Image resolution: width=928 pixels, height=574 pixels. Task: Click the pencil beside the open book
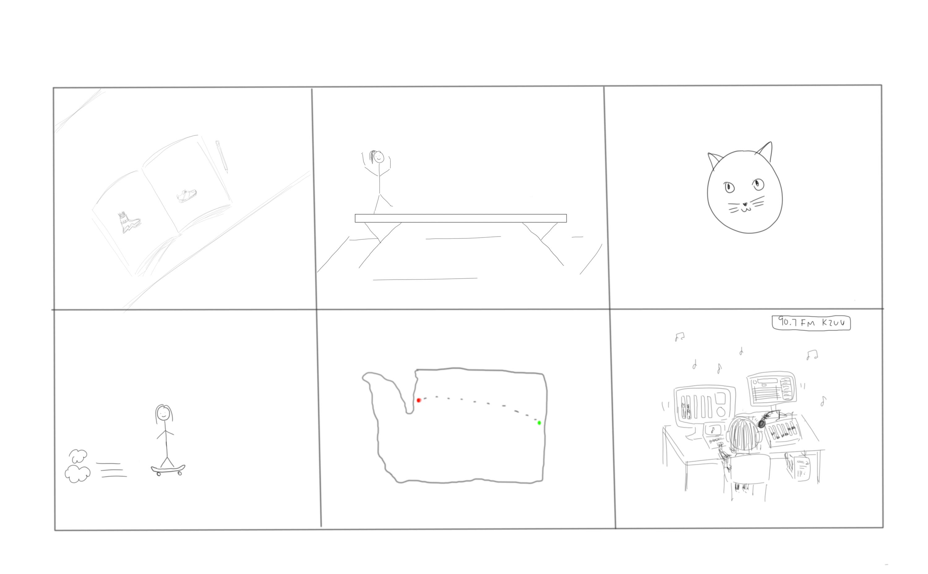222,156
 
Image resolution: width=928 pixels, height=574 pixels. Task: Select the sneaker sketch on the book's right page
187,195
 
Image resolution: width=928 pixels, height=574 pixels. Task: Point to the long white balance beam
461,218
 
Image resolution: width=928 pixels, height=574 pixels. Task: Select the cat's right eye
758,185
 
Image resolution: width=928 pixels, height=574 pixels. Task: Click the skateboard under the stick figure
168,469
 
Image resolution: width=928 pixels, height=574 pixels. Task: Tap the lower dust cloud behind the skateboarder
78,474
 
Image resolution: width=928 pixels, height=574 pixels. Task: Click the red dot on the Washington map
419,400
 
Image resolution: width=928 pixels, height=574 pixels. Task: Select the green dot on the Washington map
539,423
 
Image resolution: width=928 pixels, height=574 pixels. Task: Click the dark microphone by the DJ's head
761,423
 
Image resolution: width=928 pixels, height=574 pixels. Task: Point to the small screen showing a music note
714,430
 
